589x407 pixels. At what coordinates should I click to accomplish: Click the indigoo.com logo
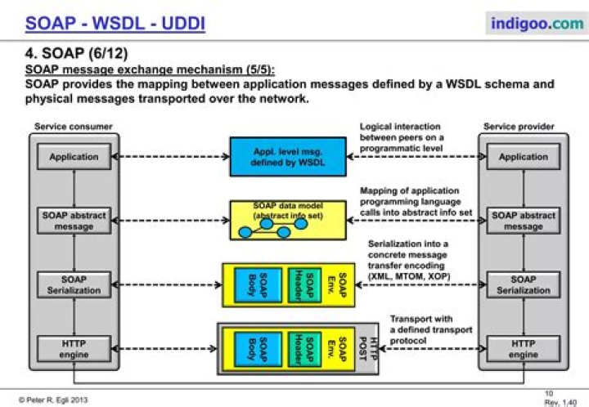point(537,23)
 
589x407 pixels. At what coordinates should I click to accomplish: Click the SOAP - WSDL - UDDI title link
point(115,23)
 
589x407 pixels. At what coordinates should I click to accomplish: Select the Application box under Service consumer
point(74,156)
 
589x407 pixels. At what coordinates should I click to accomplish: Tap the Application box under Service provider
point(524,156)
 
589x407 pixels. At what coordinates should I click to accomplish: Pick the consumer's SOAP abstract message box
point(74,221)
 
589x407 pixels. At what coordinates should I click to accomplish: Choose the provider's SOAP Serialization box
point(524,284)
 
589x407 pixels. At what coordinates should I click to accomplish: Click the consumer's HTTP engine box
point(74,349)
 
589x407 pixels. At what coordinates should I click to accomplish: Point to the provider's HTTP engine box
point(524,349)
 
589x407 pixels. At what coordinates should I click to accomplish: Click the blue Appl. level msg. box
point(288,157)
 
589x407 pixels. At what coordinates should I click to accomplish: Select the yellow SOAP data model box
point(288,220)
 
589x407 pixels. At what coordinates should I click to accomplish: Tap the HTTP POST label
point(368,349)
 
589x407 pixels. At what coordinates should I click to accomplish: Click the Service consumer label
point(74,127)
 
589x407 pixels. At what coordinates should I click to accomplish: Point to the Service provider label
point(519,127)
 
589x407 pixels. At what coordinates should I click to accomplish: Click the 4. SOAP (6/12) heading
point(76,53)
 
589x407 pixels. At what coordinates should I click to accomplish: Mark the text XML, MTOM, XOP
point(410,276)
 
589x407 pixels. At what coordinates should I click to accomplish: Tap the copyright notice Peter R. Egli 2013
point(53,400)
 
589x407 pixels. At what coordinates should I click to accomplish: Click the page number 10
point(549,393)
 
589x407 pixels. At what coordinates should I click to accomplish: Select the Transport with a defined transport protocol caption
point(431,329)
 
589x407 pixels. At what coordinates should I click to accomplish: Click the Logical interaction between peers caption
point(402,137)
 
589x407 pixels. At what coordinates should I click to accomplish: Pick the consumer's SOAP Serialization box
point(74,284)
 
